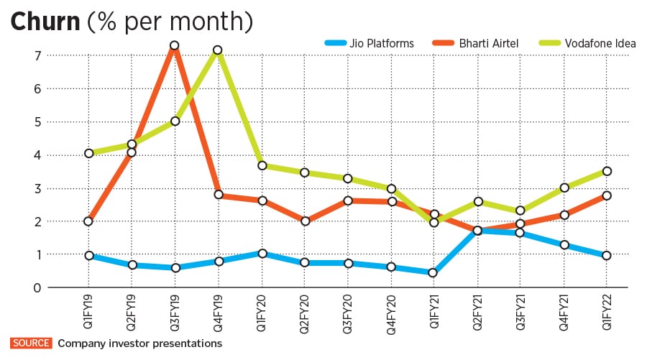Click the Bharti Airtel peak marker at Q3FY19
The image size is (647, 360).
tap(173, 46)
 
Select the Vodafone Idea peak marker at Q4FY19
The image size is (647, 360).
tap(217, 50)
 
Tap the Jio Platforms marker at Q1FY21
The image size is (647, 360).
tap(433, 273)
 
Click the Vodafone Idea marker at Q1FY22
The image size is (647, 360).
tap(607, 171)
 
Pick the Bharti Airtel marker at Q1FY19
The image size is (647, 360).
tap(88, 221)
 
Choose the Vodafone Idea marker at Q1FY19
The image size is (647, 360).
tap(88, 153)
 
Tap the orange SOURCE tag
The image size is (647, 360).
tap(31, 343)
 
